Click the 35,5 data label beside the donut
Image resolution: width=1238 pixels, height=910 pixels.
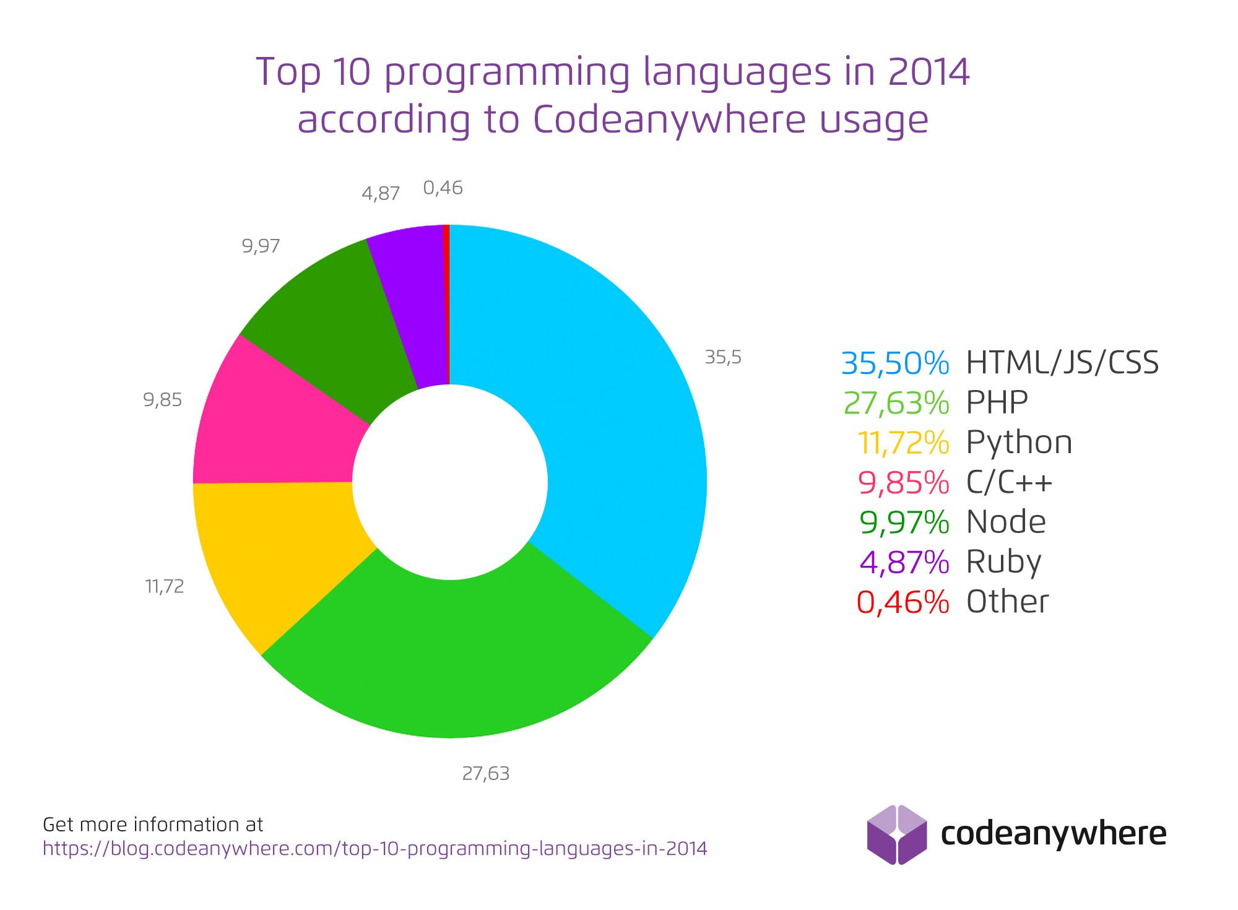coord(723,357)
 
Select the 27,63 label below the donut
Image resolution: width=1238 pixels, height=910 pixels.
coord(486,774)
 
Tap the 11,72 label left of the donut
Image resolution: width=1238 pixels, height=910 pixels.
coord(165,586)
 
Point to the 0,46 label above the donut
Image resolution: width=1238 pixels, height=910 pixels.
coord(443,188)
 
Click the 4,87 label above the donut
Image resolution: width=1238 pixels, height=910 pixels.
coord(381,194)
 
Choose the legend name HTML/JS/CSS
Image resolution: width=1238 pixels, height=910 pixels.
coord(1062,363)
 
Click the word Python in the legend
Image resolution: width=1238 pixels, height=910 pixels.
coord(1019,443)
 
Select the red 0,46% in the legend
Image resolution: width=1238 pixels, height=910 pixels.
coord(903,602)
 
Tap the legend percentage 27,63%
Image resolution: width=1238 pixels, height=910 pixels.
coord(896,403)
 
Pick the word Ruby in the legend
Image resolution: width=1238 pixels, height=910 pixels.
coord(1003,562)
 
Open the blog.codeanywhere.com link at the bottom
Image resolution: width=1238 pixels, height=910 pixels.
coord(374,848)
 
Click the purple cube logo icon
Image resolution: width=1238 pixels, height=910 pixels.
coord(897,834)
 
